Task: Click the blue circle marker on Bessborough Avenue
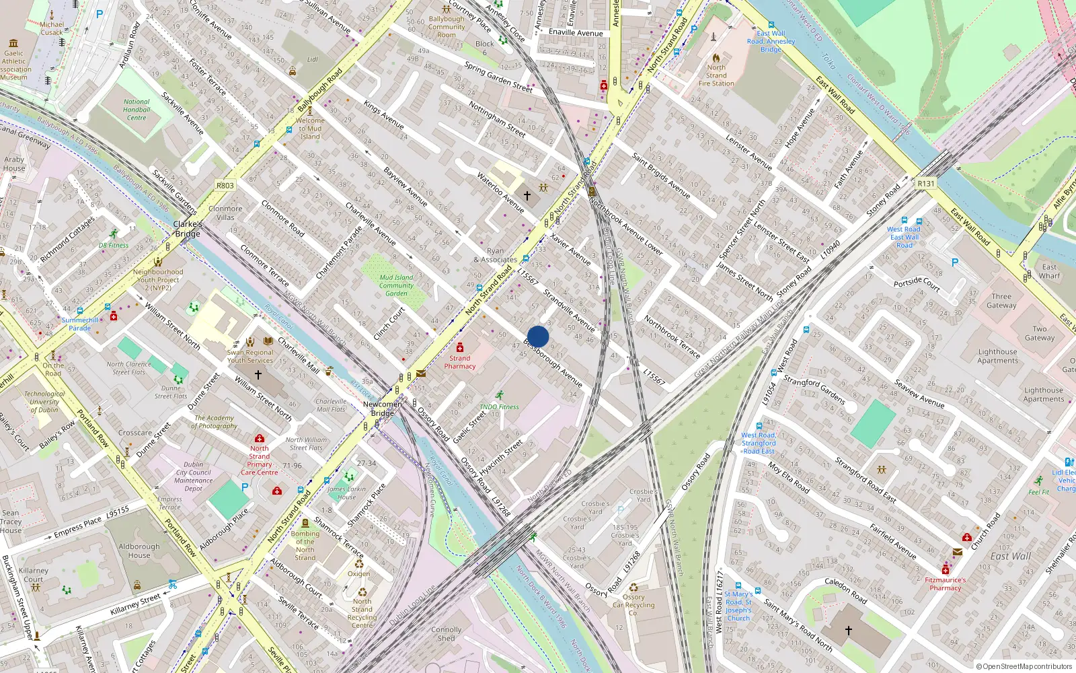pos(538,336)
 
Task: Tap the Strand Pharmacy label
pos(460,362)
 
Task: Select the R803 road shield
pos(225,186)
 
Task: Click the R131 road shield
pos(926,183)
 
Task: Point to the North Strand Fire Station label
pos(716,75)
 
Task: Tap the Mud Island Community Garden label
pos(396,285)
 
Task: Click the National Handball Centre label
pos(137,110)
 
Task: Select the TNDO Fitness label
pos(499,406)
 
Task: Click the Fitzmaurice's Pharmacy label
pos(946,583)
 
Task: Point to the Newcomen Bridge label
pos(383,409)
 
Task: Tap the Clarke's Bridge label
pos(188,229)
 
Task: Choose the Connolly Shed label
pos(447,634)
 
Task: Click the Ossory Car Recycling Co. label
pos(633,604)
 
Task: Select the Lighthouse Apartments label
pos(998,356)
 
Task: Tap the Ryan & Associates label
pos(496,255)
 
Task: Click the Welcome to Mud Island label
pos(310,129)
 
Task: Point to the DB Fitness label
pos(114,245)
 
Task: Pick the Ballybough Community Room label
pos(447,27)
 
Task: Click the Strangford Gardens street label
pos(814,390)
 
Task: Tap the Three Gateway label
pos(1001,301)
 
